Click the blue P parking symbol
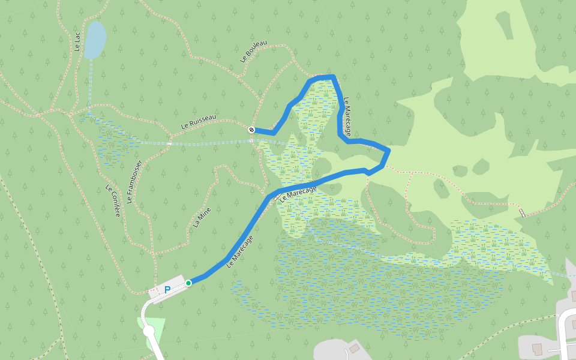pos(167,289)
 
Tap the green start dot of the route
pos(188,283)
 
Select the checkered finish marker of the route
pos(251,130)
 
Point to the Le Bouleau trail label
pos(253,52)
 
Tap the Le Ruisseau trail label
pos(199,122)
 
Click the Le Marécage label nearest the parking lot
pos(240,251)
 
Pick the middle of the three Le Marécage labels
pos(298,193)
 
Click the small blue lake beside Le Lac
pos(95,40)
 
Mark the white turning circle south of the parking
pos(149,330)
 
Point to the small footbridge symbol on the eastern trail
pos(521,212)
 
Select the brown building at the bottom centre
pos(355,349)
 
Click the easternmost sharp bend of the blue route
pos(389,150)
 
